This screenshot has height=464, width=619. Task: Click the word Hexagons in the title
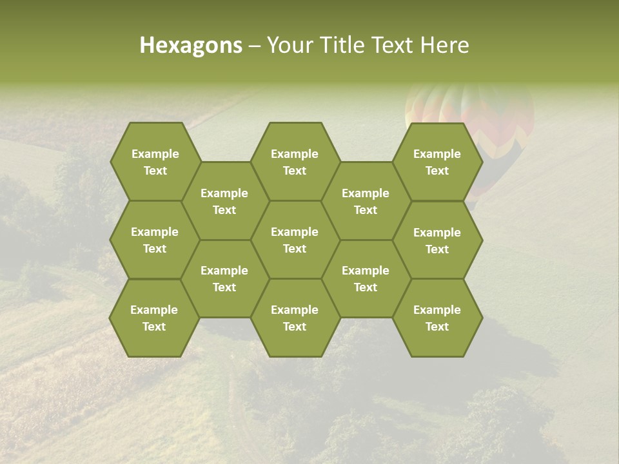[191, 45]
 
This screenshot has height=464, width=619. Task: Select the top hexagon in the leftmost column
[155, 162]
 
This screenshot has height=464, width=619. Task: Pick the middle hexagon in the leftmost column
[155, 240]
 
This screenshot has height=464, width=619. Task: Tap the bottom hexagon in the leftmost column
[154, 318]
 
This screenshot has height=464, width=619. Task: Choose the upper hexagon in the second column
[224, 201]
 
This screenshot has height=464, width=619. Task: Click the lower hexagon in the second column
[224, 278]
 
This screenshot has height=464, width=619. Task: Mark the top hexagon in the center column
[295, 162]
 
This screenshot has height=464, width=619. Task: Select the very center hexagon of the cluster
[295, 240]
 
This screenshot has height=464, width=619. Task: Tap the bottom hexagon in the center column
[295, 318]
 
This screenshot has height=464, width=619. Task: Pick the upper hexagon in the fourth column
[366, 201]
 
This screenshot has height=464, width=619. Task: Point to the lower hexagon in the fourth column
[366, 278]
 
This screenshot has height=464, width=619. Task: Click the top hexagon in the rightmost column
[437, 162]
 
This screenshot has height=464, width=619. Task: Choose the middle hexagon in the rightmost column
[437, 240]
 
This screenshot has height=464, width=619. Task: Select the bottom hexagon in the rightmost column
[437, 318]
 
